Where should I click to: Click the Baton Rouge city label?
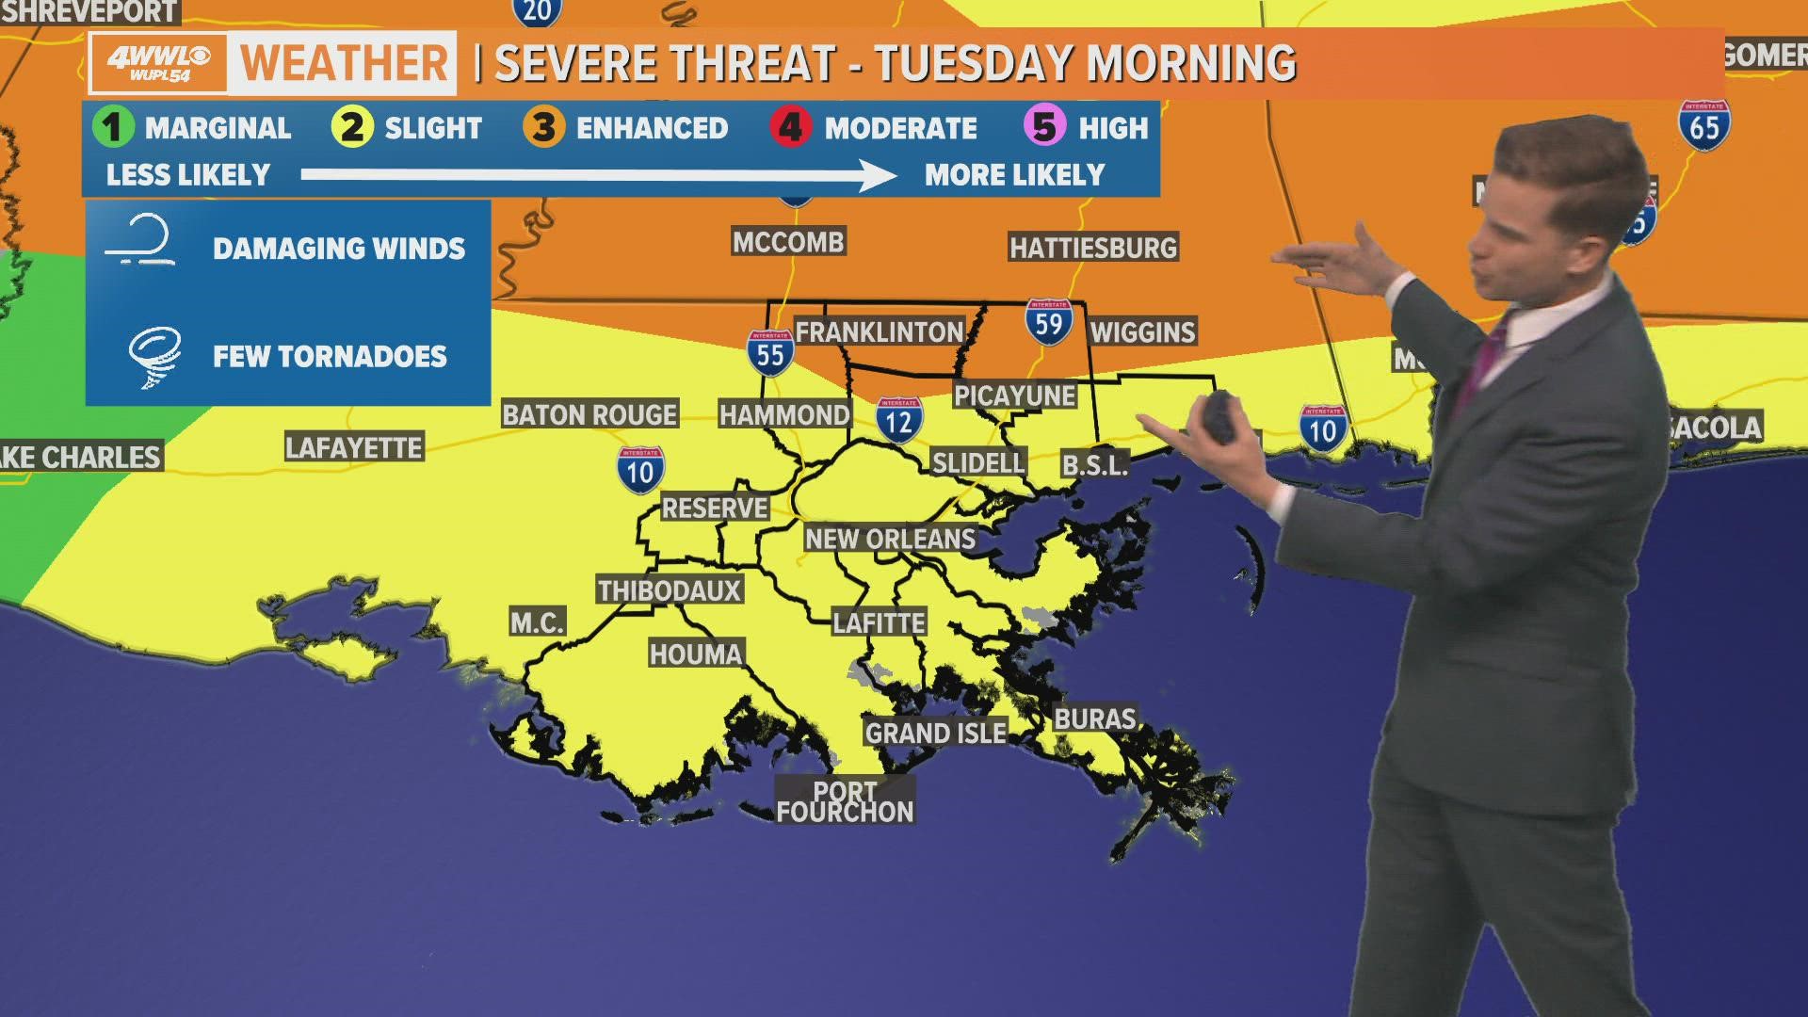point(589,414)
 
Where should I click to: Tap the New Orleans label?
point(890,539)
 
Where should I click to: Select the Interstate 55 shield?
point(770,353)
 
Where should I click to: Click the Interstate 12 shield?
point(898,420)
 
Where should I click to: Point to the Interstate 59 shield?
point(1048,322)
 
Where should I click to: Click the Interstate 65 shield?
point(1703,125)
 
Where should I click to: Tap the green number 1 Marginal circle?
point(113,127)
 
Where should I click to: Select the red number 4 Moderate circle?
point(791,127)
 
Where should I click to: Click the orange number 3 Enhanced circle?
point(544,127)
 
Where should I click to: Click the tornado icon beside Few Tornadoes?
point(154,356)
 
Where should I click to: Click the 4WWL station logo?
point(158,62)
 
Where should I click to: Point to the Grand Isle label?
point(935,733)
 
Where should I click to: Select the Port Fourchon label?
point(845,802)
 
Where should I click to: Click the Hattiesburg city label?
point(1093,248)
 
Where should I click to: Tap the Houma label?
point(696,654)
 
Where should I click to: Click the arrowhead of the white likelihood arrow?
point(880,175)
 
